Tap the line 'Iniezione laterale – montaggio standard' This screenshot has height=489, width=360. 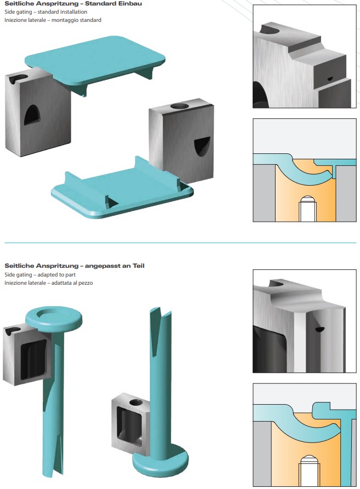click(x=53, y=20)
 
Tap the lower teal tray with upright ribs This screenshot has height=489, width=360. click(x=121, y=189)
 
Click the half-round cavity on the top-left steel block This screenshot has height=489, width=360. click(x=32, y=114)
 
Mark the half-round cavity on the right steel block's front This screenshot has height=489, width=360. click(x=201, y=146)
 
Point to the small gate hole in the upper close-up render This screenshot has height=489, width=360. click(x=329, y=78)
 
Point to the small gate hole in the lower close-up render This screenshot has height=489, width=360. click(x=319, y=330)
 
